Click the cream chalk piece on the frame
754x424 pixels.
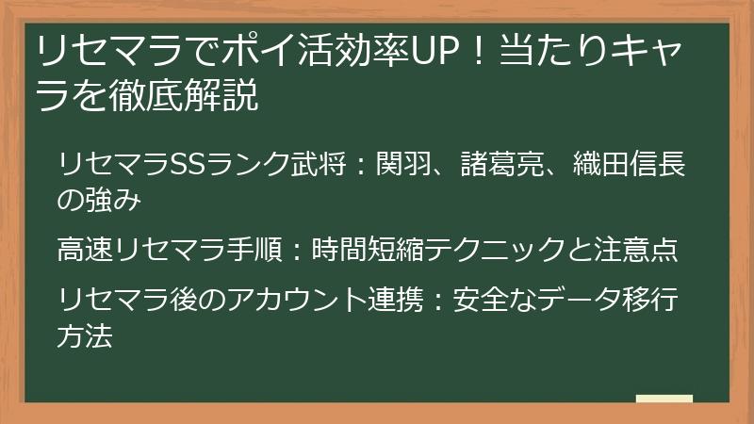click(x=664, y=399)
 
